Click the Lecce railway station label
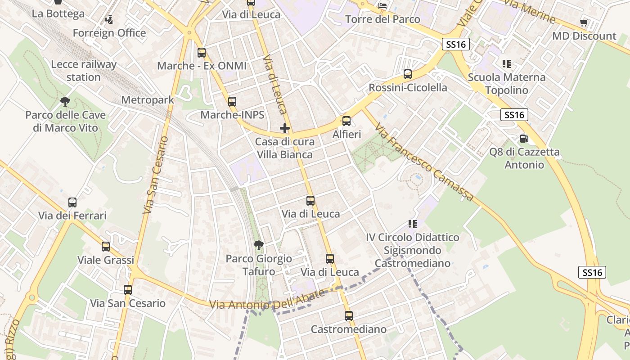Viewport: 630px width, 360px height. pos(83,71)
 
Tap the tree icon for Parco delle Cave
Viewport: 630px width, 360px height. pos(65,102)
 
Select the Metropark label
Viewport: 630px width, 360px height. pos(148,100)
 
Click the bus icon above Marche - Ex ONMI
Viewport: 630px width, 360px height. pos(202,53)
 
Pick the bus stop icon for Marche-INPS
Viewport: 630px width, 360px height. pos(232,102)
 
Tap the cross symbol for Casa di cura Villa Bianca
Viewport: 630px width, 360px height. pos(285,128)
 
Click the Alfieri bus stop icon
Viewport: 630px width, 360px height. pos(346,121)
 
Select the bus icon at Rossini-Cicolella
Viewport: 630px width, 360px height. pos(408,74)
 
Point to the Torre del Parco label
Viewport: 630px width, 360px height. pos(382,19)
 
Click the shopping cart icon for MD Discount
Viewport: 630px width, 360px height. pos(584,22)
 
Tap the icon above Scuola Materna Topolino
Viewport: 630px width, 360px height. pos(507,64)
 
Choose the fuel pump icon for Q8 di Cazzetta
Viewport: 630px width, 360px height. pos(524,138)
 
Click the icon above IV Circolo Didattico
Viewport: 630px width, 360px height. pos(412,224)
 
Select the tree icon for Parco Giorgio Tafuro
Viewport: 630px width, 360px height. pos(259,245)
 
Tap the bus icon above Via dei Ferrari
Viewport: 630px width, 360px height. pos(72,202)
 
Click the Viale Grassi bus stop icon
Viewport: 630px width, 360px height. pos(106,247)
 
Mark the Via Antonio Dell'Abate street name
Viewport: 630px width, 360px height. pos(267,301)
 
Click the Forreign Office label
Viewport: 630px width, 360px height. pos(109,33)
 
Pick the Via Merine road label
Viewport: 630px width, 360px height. pos(530,11)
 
